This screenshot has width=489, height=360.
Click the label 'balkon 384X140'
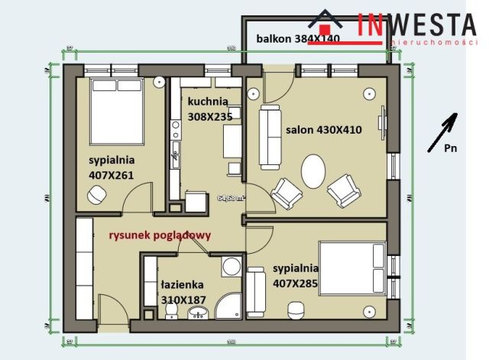(297, 37)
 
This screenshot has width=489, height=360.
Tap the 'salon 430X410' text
(323, 130)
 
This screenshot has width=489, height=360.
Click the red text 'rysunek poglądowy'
(159, 235)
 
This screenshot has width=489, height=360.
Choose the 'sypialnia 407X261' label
(112, 167)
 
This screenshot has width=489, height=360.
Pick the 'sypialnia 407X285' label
(295, 277)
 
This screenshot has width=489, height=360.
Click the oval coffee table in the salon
(313, 171)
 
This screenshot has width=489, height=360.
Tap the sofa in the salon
(269, 138)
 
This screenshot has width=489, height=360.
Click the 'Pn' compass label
(452, 149)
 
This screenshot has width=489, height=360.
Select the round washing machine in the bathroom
(231, 268)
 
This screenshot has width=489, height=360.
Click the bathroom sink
(199, 313)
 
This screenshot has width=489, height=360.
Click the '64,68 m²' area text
(230, 197)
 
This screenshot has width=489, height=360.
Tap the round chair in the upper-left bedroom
(96, 196)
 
